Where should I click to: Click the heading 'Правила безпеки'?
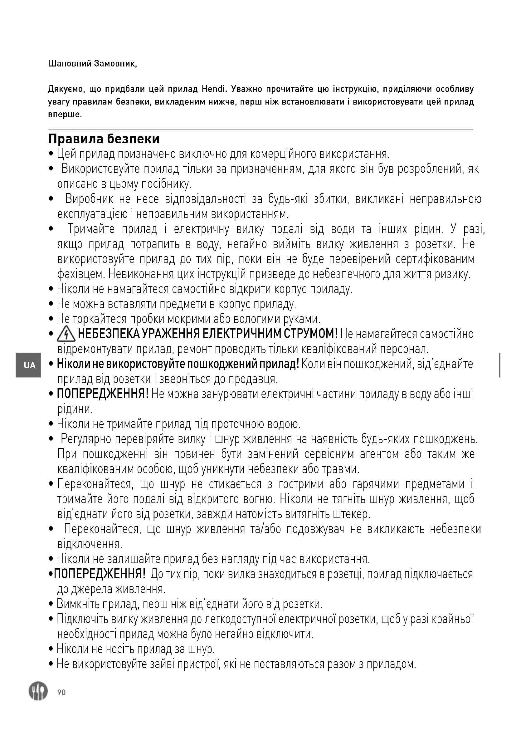pyautogui.click(x=104, y=139)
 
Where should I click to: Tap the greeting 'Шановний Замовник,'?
pyautogui.click(x=92, y=64)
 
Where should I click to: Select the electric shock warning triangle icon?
pyautogui.click(x=66, y=335)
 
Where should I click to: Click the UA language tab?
pyautogui.click(x=29, y=365)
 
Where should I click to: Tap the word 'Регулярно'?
pyautogui.click(x=86, y=439)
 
